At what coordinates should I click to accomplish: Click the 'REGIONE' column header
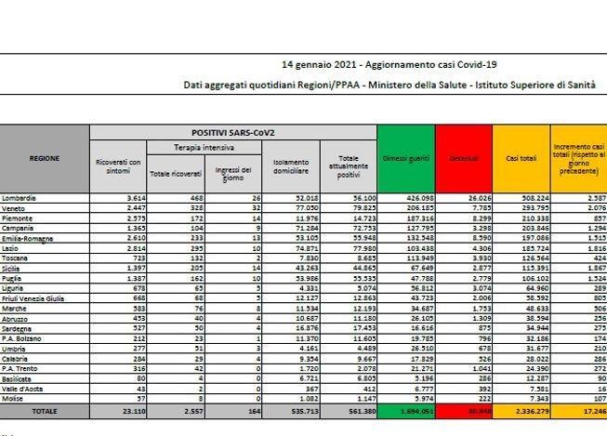click(45, 158)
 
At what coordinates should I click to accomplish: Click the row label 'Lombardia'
click(20, 198)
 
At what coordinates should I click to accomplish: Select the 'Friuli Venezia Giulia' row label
click(33, 298)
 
